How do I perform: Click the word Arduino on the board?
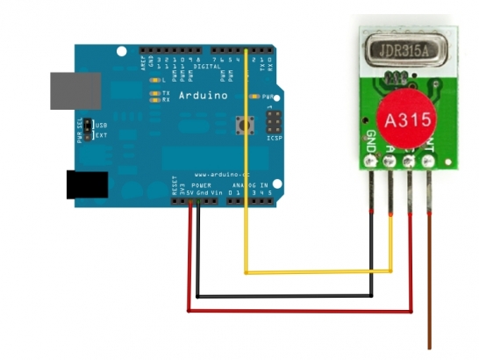[203, 95]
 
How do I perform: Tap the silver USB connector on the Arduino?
[69, 90]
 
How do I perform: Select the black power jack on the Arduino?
[87, 184]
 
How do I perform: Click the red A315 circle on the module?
[404, 115]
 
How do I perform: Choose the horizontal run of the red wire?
[298, 310]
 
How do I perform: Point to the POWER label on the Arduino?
[201, 185]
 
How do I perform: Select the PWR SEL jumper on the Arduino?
[86, 131]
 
